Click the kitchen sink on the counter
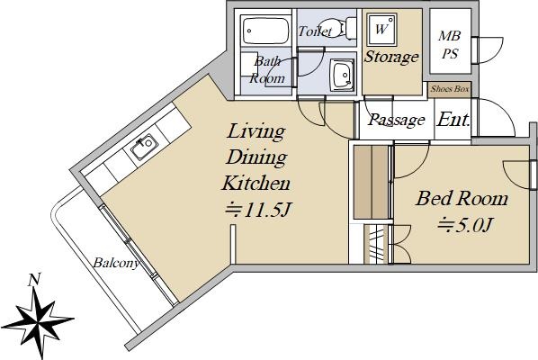(x=144, y=148)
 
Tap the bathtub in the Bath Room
(x=265, y=31)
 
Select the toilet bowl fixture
(x=344, y=27)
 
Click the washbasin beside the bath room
(x=343, y=76)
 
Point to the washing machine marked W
(x=381, y=30)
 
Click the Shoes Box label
(x=450, y=89)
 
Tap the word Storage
(x=391, y=57)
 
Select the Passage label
(x=397, y=120)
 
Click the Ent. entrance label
(x=453, y=120)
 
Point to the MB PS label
(x=450, y=45)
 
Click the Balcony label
(x=116, y=263)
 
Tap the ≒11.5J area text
(x=258, y=210)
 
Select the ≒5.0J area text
(x=465, y=225)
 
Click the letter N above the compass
(x=34, y=279)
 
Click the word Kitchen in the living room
(x=256, y=183)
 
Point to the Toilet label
(x=315, y=31)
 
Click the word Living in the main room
(x=256, y=131)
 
